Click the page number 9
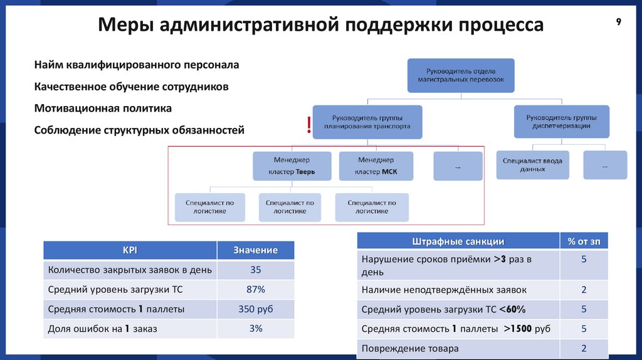point(618,23)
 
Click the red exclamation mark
point(308,125)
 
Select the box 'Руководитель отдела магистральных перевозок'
point(461,75)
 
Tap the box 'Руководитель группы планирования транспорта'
point(367,122)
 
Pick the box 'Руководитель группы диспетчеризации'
point(561,122)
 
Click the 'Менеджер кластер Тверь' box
point(292,166)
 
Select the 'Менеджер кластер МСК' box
point(376,166)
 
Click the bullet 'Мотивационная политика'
point(103,109)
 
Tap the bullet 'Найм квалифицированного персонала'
point(137,65)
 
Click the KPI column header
point(130,250)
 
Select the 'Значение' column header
point(255,250)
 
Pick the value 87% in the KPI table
point(255,289)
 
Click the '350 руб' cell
point(255,309)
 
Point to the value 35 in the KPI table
point(255,270)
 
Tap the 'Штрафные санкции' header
point(458,241)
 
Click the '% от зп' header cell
point(584,241)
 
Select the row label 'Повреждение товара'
point(410,348)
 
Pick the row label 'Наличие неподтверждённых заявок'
point(444,290)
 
